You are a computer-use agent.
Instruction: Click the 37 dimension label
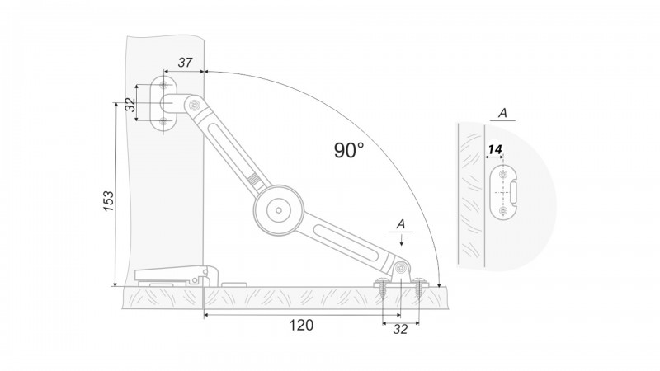click(x=185, y=63)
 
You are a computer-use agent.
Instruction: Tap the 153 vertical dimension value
click(x=109, y=201)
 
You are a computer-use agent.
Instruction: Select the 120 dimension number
click(x=301, y=325)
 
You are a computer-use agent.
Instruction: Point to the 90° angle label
click(x=349, y=150)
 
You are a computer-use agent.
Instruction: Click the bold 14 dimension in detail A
click(x=495, y=149)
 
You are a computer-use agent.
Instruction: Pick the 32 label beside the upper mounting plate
click(x=131, y=105)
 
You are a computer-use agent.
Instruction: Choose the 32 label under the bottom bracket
click(x=400, y=329)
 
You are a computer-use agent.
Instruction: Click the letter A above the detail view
click(x=502, y=113)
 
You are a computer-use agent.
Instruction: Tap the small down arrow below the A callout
click(x=402, y=240)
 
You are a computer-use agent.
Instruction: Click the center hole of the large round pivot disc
click(x=279, y=209)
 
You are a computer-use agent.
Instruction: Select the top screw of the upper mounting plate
click(x=163, y=86)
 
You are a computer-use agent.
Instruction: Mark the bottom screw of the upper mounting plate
click(x=163, y=122)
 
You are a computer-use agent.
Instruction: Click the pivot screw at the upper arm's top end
click(x=194, y=106)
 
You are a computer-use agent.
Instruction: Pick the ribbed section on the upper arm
click(x=254, y=180)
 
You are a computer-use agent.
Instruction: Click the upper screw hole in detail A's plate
click(x=502, y=174)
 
